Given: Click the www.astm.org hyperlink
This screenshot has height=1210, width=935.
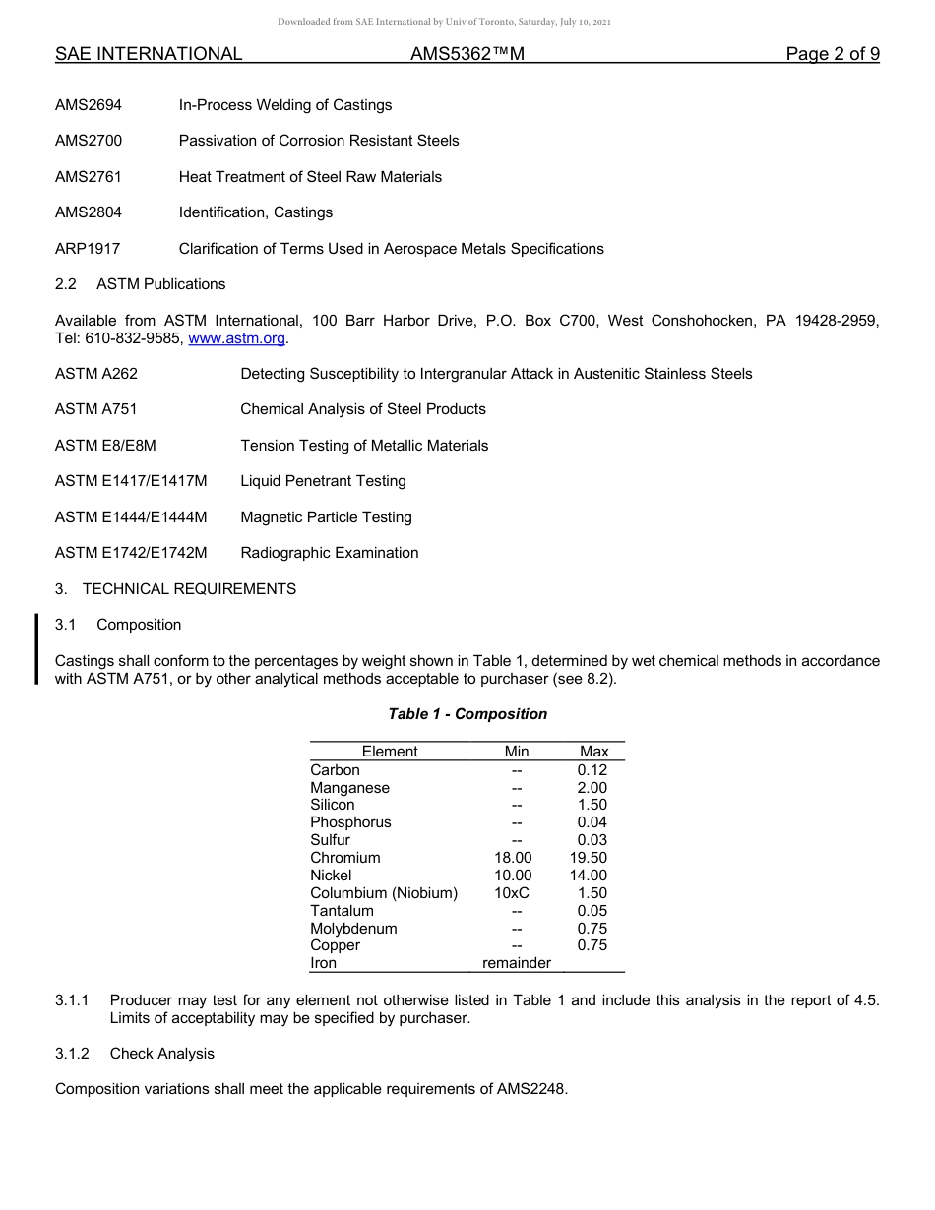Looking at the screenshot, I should click(x=236, y=338).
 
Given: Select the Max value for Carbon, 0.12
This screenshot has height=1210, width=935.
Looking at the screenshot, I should click(x=592, y=770).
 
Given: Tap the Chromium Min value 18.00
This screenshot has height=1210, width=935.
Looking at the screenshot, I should click(x=513, y=858).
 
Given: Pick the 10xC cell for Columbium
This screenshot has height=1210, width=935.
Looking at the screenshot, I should click(x=512, y=893).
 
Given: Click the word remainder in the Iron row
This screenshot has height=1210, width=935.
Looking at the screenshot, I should click(x=517, y=963).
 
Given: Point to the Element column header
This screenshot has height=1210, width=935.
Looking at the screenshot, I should click(x=390, y=752).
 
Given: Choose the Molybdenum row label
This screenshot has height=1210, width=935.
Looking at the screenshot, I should click(x=353, y=929).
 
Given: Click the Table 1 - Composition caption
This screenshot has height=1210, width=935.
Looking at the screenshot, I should click(x=467, y=714).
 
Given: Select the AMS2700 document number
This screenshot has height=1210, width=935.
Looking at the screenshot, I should click(x=89, y=141).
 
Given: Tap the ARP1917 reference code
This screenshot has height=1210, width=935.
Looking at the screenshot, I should click(x=88, y=249).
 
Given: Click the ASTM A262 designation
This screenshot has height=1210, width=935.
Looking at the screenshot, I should click(x=96, y=374).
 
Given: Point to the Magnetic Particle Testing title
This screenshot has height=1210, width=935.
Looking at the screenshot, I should click(x=326, y=517).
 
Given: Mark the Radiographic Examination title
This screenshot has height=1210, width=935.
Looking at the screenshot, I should click(x=329, y=553).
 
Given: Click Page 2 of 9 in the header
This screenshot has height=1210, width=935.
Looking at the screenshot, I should click(x=833, y=54).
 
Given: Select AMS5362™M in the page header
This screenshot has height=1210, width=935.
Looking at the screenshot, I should click(x=467, y=54).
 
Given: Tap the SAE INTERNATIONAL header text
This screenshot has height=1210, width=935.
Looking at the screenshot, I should click(x=149, y=54).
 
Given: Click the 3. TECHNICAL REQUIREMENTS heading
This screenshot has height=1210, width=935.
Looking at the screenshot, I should click(x=175, y=589).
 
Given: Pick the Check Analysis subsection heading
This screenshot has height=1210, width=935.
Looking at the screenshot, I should click(x=161, y=1054).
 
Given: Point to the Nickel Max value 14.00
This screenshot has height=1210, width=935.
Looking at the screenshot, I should click(x=589, y=876).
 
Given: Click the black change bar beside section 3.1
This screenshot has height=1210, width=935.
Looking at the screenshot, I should click(x=37, y=648).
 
